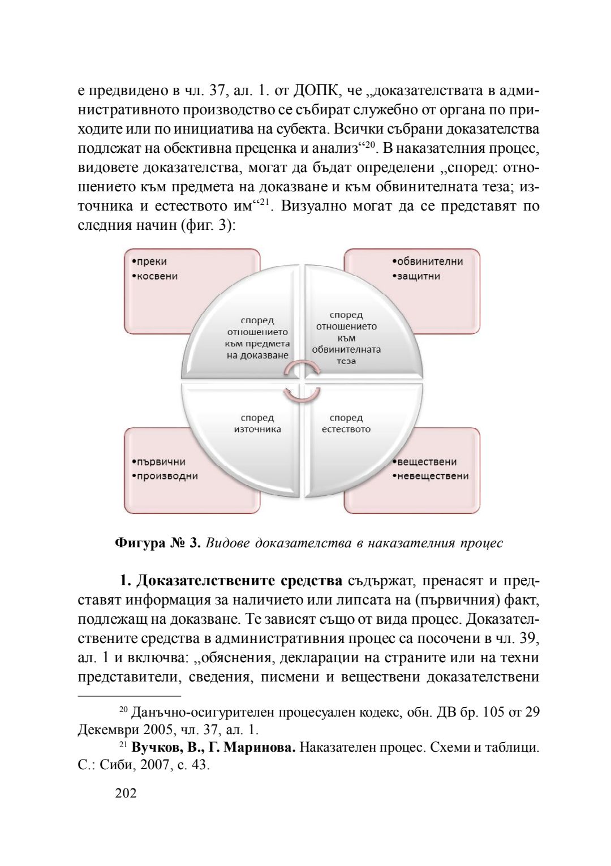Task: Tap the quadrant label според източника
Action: coord(257,423)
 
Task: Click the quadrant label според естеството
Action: coord(346,423)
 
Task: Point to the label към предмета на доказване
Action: coord(257,349)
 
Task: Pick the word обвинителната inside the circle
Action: coord(346,349)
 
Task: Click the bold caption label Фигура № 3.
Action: coord(158,543)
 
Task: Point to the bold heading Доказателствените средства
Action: coord(239,581)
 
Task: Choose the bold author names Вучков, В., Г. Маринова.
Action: coord(214,747)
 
